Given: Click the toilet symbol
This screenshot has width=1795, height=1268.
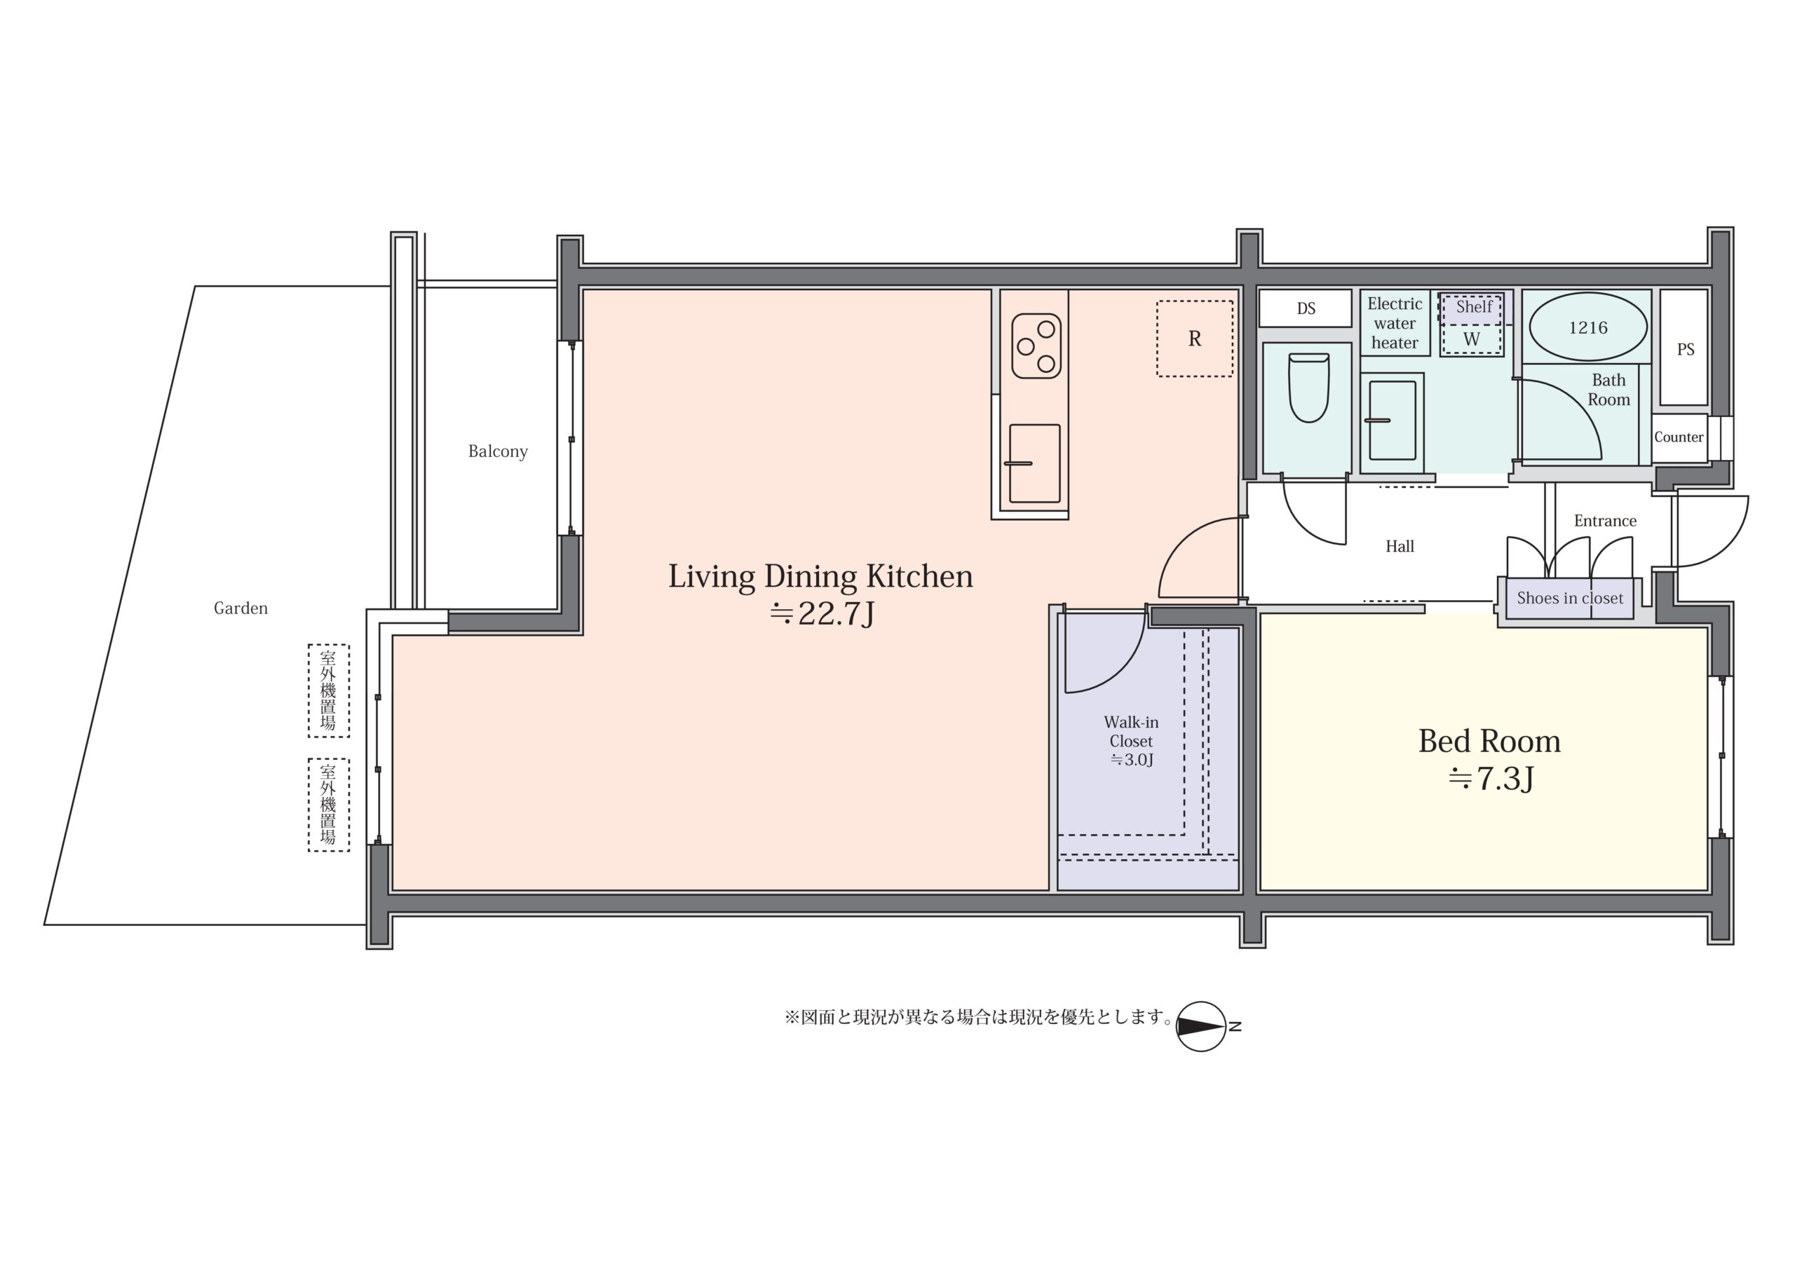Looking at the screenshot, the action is (1308, 388).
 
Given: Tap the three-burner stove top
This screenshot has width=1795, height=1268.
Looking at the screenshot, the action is (1036, 346).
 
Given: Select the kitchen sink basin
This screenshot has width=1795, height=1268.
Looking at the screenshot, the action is (1035, 463).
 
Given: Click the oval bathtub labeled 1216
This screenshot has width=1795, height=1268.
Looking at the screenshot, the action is (1588, 327).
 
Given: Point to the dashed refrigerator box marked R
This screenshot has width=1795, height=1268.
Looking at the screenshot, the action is (1195, 339).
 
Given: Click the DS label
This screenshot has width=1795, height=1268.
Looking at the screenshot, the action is (1306, 308).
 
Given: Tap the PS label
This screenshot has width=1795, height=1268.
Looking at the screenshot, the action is (1686, 350).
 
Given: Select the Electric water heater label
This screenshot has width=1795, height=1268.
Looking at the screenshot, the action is (1395, 323).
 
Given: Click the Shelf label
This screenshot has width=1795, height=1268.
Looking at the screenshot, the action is (1474, 306).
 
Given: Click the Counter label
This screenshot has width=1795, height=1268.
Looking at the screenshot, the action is (1679, 437).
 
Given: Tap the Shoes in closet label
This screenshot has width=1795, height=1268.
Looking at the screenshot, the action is (1570, 598).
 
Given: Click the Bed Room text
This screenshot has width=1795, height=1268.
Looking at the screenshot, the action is (1489, 741).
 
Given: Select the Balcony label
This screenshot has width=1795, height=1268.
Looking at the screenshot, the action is (498, 451).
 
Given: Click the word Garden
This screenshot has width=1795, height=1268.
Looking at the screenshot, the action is (241, 608).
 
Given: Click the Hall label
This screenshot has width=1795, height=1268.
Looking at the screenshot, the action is (1400, 547).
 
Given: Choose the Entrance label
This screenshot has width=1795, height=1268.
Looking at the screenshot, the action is (1605, 521).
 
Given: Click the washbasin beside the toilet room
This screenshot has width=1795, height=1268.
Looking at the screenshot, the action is (1393, 420).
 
